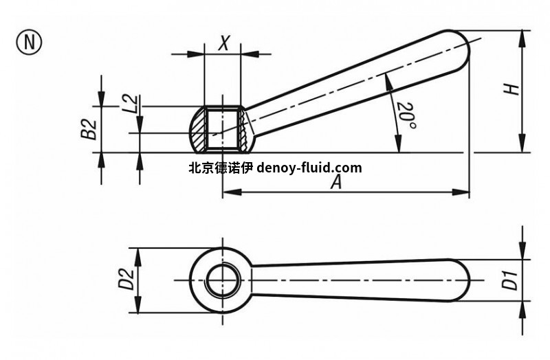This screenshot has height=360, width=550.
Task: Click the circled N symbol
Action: tap(29, 43)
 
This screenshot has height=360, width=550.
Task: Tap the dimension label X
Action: tap(223, 43)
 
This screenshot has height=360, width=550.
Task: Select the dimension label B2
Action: tap(89, 129)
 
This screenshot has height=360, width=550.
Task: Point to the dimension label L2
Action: tap(131, 104)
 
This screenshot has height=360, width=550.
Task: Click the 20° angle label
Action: tap(406, 115)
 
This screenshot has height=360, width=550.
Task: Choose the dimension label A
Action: tap(336, 182)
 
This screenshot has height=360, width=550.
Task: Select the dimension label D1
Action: tap(510, 280)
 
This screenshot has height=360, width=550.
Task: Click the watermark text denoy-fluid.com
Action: tap(309, 168)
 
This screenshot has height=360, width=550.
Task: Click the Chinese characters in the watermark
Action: tap(221, 168)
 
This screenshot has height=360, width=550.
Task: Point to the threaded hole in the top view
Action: tap(222, 280)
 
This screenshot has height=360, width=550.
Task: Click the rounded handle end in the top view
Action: tap(459, 280)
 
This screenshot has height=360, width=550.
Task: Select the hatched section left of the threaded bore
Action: tap(197, 130)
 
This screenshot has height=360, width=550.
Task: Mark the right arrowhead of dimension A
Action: tap(461, 192)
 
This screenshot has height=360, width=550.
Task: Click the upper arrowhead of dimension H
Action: tap(522, 39)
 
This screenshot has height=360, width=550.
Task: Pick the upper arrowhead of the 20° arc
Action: tap(388, 82)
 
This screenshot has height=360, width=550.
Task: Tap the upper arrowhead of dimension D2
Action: tap(138, 257)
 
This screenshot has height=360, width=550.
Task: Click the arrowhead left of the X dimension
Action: tap(195, 54)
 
